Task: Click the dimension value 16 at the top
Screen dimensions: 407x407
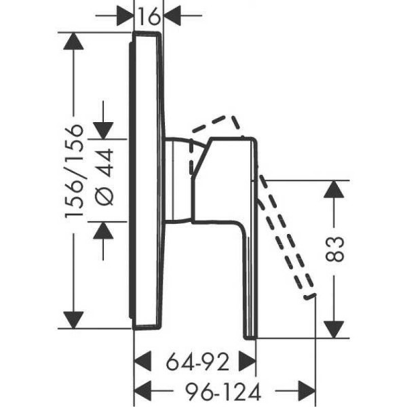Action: point(149,16)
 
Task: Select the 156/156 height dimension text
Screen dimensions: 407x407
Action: point(75,171)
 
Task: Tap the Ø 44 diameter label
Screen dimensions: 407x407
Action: point(104,177)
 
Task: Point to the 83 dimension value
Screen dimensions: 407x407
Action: point(334,248)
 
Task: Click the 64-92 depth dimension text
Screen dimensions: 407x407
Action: point(198,362)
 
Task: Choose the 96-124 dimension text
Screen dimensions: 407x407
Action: point(223,391)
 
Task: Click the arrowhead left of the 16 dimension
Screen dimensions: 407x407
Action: point(125,16)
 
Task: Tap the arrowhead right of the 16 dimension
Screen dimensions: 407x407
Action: point(172,16)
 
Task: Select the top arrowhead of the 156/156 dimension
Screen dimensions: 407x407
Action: point(73,41)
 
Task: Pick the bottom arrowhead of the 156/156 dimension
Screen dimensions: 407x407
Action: point(73,319)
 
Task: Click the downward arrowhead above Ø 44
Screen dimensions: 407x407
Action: point(103,130)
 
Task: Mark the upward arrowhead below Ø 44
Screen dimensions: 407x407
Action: point(103,231)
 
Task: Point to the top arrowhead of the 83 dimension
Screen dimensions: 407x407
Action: point(334,189)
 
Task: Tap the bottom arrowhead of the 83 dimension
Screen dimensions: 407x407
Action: point(334,330)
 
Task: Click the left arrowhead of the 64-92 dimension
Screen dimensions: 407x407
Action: point(142,362)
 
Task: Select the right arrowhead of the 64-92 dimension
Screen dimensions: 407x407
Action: point(248,362)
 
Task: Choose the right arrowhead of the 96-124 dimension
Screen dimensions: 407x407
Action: point(307,391)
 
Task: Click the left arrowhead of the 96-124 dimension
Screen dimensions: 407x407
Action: point(142,391)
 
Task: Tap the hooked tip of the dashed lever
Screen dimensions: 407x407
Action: point(309,296)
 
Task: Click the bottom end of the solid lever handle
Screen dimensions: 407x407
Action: point(250,338)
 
